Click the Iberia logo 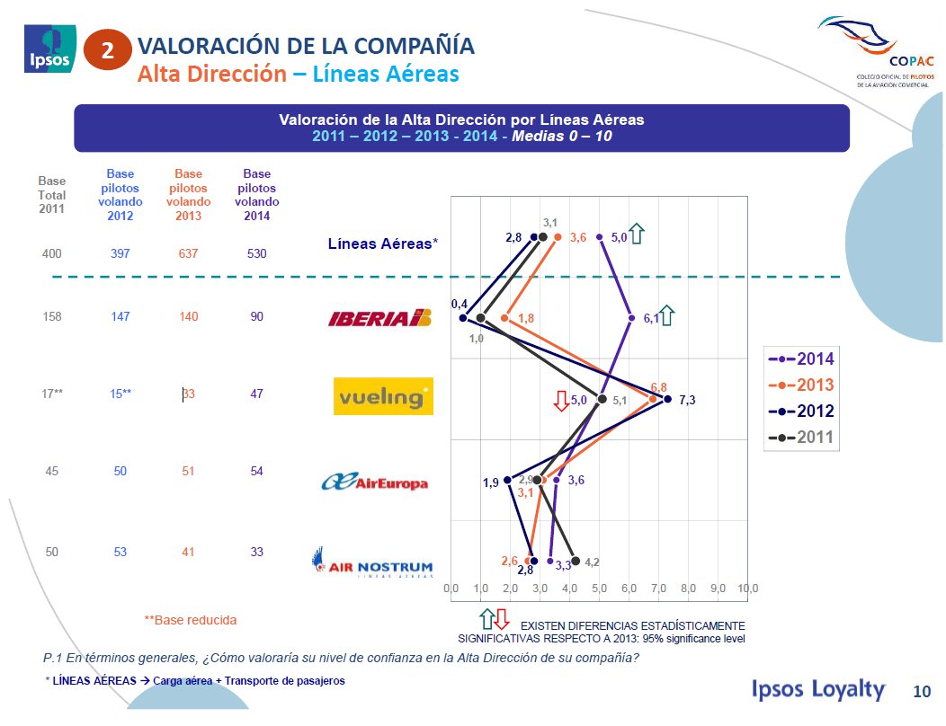click(380, 318)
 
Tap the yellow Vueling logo click(383, 396)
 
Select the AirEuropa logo click(375, 483)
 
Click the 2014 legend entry click(800, 359)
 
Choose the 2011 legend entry click(800, 438)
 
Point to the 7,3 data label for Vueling click(687, 400)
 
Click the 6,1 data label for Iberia click(652, 318)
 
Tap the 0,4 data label click(459, 305)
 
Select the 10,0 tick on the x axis click(748, 589)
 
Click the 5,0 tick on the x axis click(600, 589)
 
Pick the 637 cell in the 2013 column click(188, 254)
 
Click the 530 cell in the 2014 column click(256, 254)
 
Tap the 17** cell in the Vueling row click(52, 394)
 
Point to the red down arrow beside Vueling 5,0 click(561, 401)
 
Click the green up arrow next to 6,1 click(668, 316)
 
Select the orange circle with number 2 click(108, 51)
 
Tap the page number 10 click(922, 691)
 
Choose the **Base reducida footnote click(191, 620)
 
